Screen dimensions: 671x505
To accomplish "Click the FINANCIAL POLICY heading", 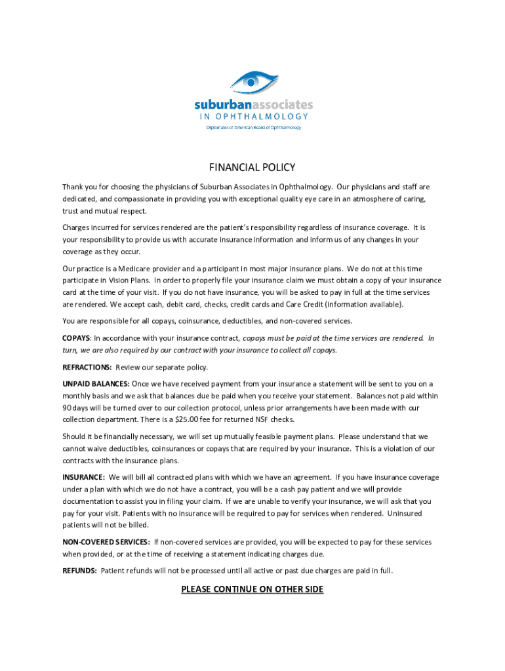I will tap(253, 167).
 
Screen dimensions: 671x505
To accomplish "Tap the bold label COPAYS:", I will tap(77, 338).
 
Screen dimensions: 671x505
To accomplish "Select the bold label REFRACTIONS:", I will tap(87, 368).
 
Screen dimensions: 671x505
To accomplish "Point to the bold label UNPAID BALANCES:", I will tap(96, 384).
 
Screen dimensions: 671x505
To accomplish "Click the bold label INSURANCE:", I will tap(83, 478).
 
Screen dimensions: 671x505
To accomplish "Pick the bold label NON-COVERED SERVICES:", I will tap(106, 543).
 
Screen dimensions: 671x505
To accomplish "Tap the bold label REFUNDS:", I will tap(79, 571).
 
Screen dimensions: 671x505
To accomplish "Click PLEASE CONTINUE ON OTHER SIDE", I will tap(253, 590).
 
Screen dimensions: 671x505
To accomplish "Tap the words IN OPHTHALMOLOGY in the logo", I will tap(253, 116).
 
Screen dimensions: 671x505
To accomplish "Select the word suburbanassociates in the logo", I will tap(253, 105).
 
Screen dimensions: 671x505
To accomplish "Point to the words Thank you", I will tap(77, 187).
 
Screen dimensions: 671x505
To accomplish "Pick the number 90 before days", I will tap(67, 408).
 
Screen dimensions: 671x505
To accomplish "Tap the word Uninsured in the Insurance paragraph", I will tap(405, 513).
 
